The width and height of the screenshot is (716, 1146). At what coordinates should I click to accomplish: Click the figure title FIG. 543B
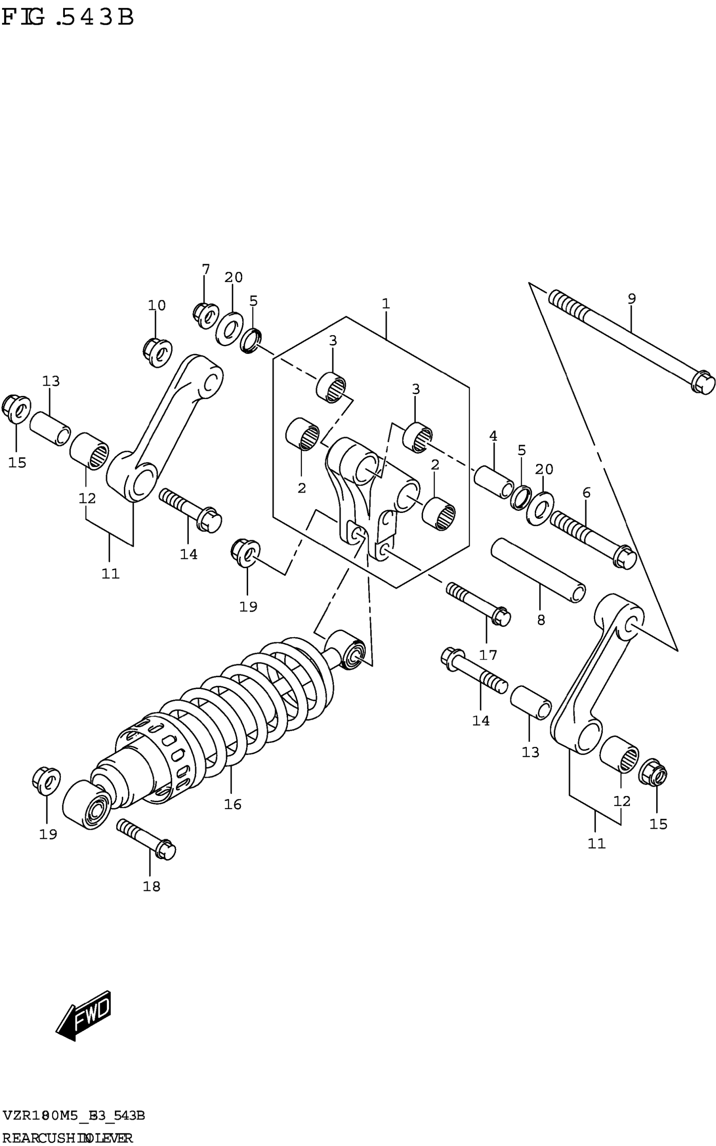(x=68, y=19)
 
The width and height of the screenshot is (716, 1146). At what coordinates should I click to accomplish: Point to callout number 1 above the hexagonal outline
(x=386, y=304)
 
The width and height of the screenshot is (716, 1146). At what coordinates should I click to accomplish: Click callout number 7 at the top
(x=206, y=270)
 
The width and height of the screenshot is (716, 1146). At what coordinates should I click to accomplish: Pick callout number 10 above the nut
(x=157, y=305)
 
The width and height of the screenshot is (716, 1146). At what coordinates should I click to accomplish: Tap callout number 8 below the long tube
(x=541, y=620)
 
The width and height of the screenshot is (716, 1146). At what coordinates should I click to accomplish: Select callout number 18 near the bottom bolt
(x=152, y=887)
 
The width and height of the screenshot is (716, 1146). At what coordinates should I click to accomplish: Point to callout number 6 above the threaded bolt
(x=586, y=493)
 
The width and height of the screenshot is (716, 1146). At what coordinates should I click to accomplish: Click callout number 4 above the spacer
(x=493, y=436)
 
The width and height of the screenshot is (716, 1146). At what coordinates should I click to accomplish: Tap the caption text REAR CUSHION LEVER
(x=67, y=1138)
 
